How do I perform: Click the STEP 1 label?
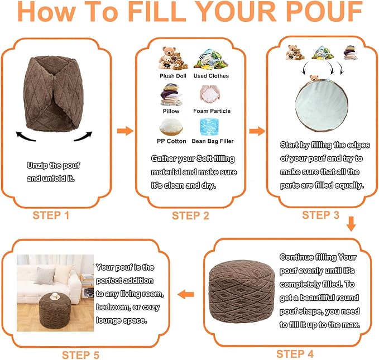pos(51,215)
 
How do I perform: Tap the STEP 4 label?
pos(295,354)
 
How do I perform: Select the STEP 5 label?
pos(80,355)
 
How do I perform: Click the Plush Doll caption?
pos(173,76)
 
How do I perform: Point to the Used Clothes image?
pos(211,59)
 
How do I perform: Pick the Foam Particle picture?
pos(210,94)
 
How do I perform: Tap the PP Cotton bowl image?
pos(171,127)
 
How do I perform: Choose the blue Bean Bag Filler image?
pos(209,127)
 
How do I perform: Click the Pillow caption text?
pos(171,111)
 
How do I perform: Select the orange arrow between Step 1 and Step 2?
pos(125,131)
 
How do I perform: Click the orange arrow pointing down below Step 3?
pos(351,224)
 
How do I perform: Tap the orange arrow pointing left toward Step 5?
pos(186,294)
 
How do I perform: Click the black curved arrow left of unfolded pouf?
pos(25,136)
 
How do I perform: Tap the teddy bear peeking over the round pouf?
pos(314,78)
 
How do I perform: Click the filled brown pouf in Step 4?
pos(242,291)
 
